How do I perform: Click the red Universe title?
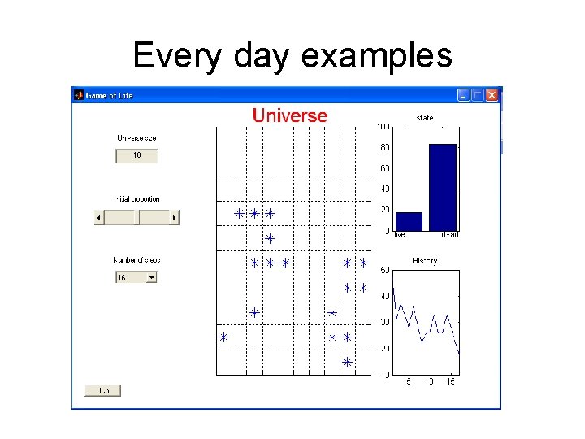tap(290, 115)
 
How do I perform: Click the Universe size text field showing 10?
tap(136, 155)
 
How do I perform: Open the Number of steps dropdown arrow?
tap(151, 277)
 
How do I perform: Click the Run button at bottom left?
tap(103, 390)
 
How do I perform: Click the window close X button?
tap(492, 95)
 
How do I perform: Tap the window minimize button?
tap(463, 95)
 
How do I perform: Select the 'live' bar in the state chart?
tap(409, 221)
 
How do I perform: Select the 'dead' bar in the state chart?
tap(443, 187)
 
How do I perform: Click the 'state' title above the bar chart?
tap(425, 118)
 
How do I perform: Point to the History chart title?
tap(425, 261)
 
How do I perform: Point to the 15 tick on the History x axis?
tap(450, 381)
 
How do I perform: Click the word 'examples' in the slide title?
tap(376, 55)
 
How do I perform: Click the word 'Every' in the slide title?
tap(175, 55)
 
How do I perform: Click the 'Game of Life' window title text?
tap(109, 95)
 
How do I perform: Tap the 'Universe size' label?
tap(136, 138)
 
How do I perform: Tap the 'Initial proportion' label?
tap(136, 199)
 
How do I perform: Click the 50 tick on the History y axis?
tap(384, 270)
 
